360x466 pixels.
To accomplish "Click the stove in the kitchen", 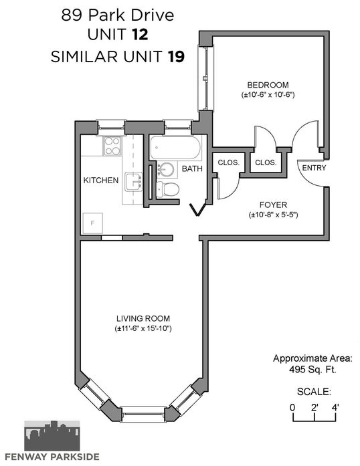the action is (x=112, y=146).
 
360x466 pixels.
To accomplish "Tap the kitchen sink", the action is (x=134, y=182).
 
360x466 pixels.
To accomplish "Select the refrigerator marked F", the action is (x=92, y=223).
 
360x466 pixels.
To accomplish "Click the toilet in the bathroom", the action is (x=167, y=189).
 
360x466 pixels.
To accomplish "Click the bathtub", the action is (x=175, y=148).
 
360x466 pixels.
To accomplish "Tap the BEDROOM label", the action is (x=268, y=85).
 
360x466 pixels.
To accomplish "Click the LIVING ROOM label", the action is (x=143, y=319).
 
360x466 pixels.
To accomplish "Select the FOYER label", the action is (x=273, y=205).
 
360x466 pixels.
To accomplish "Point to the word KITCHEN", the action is (x=101, y=180).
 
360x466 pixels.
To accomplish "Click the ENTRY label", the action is (x=314, y=168).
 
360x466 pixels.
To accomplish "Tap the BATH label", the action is (x=192, y=168).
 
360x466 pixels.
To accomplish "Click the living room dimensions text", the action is (x=143, y=329).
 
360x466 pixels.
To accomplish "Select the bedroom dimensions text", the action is (x=268, y=95).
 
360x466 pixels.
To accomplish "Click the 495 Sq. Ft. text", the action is (x=312, y=370).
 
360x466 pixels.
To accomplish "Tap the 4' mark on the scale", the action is (x=335, y=407).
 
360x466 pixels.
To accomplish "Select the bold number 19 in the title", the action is (x=176, y=56).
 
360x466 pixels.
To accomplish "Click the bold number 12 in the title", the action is (x=140, y=35).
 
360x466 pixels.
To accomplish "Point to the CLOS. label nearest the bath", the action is (x=228, y=162).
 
